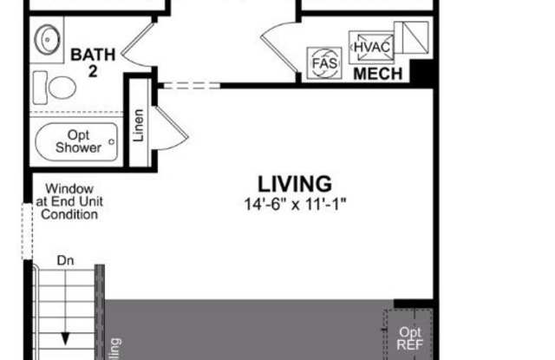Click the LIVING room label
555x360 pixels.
[x=294, y=184]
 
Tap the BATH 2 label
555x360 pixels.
[x=93, y=62]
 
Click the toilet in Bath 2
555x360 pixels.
[x=56, y=88]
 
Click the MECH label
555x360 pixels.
[x=377, y=75]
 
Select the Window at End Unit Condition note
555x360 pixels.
[x=70, y=201]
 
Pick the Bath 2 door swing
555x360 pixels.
[x=139, y=45]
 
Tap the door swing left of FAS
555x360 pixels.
[x=279, y=48]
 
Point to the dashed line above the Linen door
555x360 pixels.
[x=189, y=85]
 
